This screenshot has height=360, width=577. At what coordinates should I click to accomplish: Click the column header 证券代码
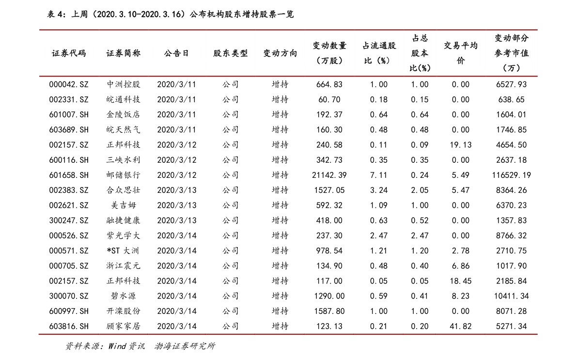click(x=69, y=53)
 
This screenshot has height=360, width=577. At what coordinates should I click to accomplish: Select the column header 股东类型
click(x=230, y=53)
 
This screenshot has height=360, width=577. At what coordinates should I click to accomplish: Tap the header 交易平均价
click(x=460, y=53)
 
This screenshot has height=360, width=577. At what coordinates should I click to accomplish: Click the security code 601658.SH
click(x=69, y=175)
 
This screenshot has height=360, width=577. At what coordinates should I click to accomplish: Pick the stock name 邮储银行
click(x=123, y=175)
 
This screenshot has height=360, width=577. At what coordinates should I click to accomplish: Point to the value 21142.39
click(x=329, y=175)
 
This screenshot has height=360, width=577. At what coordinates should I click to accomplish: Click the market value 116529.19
click(x=512, y=175)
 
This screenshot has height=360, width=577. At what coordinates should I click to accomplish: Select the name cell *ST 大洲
click(x=123, y=250)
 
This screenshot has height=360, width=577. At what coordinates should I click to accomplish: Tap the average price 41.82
click(x=460, y=326)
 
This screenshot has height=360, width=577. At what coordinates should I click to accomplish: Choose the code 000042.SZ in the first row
click(x=69, y=84)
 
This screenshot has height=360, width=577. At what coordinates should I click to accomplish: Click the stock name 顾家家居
click(x=123, y=326)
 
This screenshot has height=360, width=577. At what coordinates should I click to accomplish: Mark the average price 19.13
click(x=460, y=145)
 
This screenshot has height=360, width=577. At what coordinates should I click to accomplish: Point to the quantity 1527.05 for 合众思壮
click(x=329, y=190)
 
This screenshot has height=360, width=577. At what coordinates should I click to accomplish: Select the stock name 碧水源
click(x=123, y=296)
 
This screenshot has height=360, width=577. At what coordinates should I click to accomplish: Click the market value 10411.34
click(x=512, y=296)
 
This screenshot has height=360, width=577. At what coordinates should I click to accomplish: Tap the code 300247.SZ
click(x=69, y=220)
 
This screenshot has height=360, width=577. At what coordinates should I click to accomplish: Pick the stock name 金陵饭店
click(x=123, y=114)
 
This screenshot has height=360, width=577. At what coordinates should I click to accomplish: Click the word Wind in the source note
click(x=117, y=346)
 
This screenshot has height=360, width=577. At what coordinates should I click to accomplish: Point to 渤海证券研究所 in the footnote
click(x=185, y=346)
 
